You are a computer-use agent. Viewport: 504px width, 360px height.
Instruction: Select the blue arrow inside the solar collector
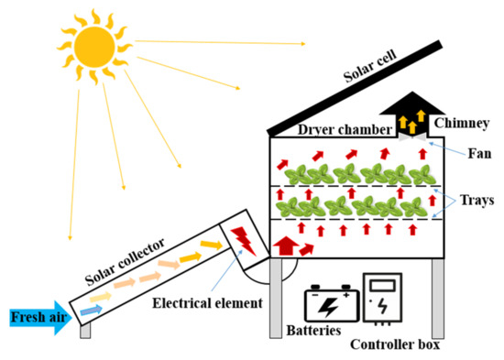pyautogui.click(x=88, y=311)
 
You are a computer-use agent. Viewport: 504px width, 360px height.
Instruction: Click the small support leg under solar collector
pyautogui.click(x=84, y=332)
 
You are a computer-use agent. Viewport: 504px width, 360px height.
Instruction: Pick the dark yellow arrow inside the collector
pyautogui.click(x=211, y=245)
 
